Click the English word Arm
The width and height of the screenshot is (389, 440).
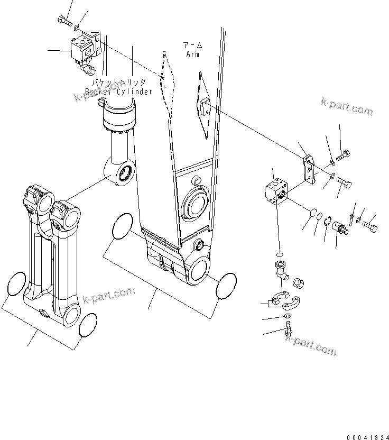tap(192, 54)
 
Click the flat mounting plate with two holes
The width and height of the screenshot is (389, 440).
tap(309, 169)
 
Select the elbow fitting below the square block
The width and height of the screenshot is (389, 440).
tap(281, 269)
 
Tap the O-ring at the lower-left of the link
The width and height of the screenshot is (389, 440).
tap(17, 284)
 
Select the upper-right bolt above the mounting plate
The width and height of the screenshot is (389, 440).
tap(343, 155)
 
